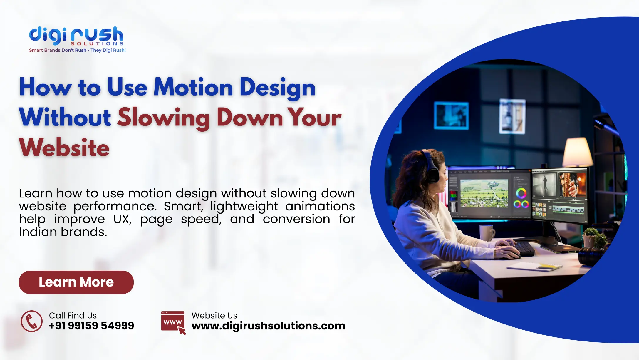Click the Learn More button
(x=76, y=282)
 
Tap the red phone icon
(x=32, y=321)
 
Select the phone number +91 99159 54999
(x=91, y=326)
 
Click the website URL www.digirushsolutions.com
(x=268, y=326)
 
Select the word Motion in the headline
(x=193, y=87)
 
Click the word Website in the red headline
(x=64, y=148)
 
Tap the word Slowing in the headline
(x=163, y=118)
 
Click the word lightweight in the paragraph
(x=244, y=206)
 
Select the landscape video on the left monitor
(x=484, y=193)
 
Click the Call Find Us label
(x=73, y=315)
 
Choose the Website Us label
(x=214, y=315)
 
